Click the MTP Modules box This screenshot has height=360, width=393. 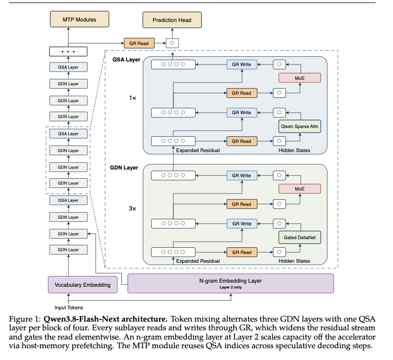point(79,19)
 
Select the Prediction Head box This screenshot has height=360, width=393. point(172,20)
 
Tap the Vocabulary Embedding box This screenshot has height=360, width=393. point(83,285)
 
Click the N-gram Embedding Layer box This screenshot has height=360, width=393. point(231,283)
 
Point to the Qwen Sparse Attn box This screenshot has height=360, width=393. point(300,126)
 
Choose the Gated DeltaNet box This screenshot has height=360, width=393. point(300,237)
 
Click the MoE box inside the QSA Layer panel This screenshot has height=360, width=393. point(300,78)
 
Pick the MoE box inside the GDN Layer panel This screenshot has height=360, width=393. point(300,188)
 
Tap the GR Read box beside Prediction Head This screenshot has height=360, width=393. point(139,43)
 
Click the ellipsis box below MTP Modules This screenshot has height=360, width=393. point(69,51)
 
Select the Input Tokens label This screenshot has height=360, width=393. point(69,307)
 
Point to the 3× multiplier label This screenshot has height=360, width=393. point(133,208)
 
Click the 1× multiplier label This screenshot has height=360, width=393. point(133,98)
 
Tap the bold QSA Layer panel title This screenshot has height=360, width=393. point(126,59)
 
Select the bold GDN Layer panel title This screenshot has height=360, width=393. point(124,167)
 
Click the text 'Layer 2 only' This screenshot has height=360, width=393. point(231,287)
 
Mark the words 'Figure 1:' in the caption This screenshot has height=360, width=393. point(25,319)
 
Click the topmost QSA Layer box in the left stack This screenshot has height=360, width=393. point(69,67)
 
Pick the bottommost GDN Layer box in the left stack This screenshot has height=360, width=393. point(69,249)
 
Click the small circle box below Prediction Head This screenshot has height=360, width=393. point(172,43)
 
